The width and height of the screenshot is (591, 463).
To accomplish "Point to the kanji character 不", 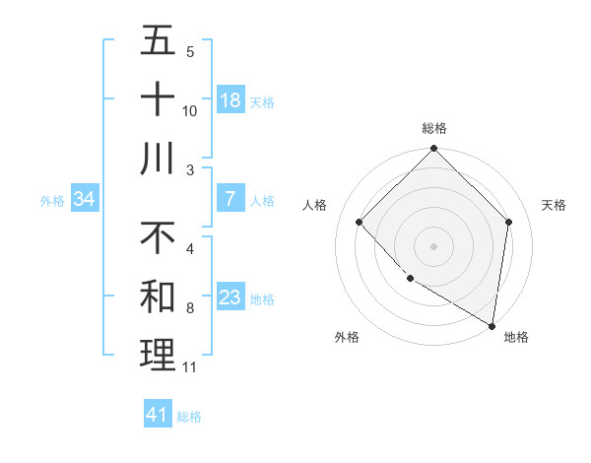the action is pos(158,237).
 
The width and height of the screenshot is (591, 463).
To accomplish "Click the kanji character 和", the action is pos(158,297).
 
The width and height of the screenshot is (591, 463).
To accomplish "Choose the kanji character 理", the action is pos(158,356).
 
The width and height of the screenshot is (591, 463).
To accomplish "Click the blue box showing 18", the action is pos(230,100).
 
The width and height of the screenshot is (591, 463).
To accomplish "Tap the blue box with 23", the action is pos(230,298).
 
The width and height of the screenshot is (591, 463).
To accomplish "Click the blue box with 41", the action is pos(158,415).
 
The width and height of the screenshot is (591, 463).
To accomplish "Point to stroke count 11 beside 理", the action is pos(190,367).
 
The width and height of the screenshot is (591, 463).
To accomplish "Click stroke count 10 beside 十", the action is pos(190,110).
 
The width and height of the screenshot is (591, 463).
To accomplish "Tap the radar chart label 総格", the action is pos(433,128).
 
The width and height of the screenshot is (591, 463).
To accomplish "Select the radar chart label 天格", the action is pos(554,205).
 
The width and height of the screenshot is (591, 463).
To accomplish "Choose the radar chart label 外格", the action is pos(346,337).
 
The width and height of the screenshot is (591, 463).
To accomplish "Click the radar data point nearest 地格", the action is pos(492,325).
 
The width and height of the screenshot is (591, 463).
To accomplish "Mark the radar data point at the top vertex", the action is pos(433,150).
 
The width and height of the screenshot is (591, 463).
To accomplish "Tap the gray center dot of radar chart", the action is pos(433,245).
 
